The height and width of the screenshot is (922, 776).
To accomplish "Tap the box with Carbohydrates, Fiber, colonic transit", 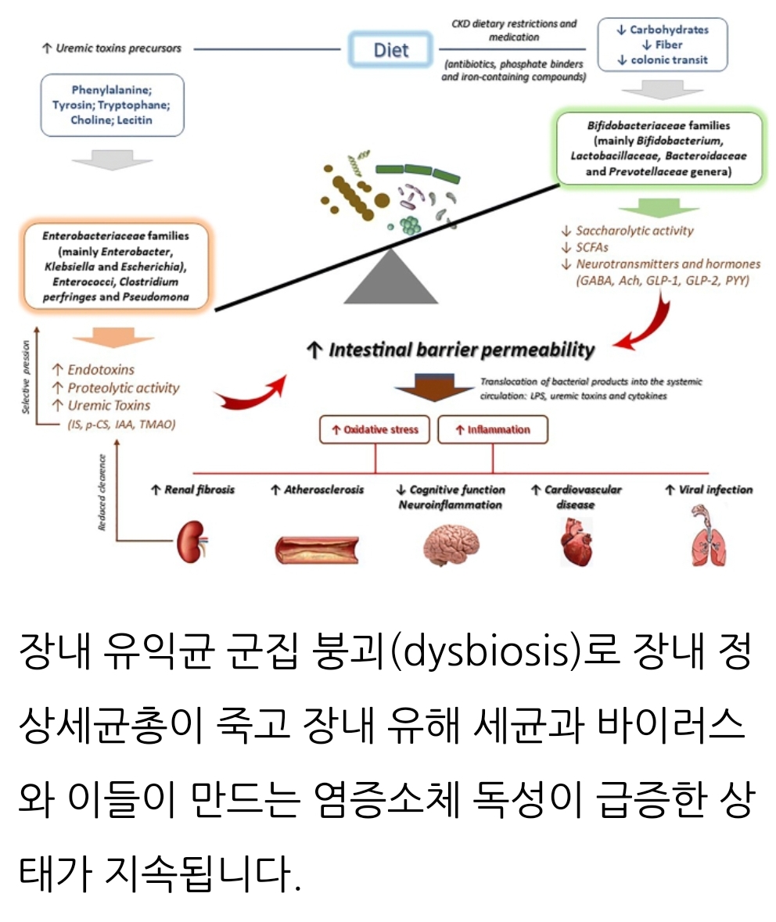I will [662, 45].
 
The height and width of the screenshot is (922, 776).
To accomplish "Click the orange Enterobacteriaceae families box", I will [115, 266].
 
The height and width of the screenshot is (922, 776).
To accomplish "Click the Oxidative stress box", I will [374, 429].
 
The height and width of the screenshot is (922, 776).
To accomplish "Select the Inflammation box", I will [492, 429].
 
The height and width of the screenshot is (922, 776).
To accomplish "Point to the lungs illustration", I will [709, 536].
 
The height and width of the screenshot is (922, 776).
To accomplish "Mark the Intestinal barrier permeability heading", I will [451, 350].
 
